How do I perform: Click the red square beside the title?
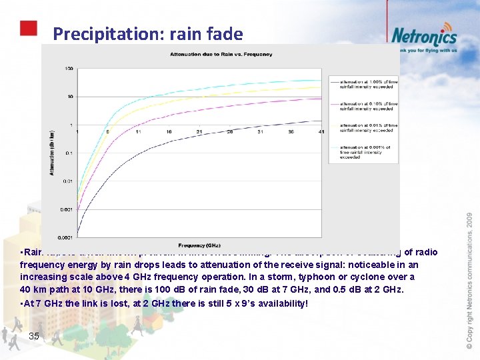tap(27, 28)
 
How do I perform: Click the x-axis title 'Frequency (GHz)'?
tap(201, 245)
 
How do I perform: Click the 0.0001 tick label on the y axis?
tap(65, 237)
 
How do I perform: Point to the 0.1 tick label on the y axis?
tap(69, 153)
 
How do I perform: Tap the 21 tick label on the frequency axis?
tap(199, 132)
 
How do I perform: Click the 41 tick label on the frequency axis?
tap(321, 132)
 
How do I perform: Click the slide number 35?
tap(34, 336)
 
